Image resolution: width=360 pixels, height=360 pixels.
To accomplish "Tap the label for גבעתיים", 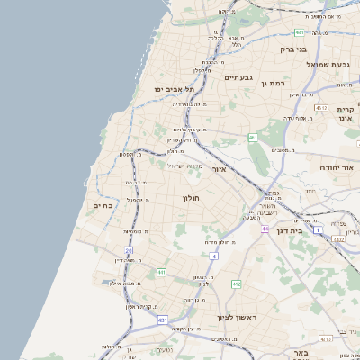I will (x=239, y=77).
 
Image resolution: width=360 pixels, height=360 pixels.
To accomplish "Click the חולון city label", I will (x=191, y=197).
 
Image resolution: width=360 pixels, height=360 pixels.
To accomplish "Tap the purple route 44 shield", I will (x=265, y=229).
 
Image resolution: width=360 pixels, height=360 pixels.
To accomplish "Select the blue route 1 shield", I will (x=317, y=230).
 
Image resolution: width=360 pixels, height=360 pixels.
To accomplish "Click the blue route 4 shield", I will (x=214, y=256).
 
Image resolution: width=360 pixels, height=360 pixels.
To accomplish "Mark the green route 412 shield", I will (x=236, y=284).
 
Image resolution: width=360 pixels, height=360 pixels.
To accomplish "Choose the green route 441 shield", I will (x=161, y=272).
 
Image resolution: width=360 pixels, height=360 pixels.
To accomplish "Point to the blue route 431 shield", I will (x=163, y=319).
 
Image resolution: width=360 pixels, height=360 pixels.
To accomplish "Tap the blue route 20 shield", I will (x=129, y=251).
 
